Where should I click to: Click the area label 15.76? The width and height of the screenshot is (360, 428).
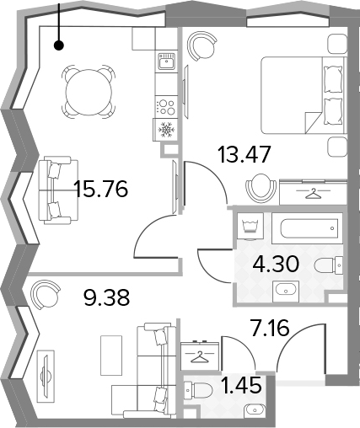point(101,189)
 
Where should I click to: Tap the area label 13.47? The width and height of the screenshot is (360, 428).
point(244,154)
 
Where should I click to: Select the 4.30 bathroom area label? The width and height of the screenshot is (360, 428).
point(275,265)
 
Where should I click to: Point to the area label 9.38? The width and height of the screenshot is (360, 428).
point(107,297)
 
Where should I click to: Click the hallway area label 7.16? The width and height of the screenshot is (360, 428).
point(271,329)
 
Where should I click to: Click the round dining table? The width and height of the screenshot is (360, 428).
point(89,92)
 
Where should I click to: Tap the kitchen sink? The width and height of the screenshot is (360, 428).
point(166,62)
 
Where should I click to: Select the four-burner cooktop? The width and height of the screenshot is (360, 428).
point(166,107)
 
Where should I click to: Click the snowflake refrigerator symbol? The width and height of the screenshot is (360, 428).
point(166,129)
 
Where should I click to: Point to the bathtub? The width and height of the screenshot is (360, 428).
point(307,228)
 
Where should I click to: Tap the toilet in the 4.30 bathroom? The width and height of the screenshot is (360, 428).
point(328,265)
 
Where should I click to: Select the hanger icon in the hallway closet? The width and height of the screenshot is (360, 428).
point(200,356)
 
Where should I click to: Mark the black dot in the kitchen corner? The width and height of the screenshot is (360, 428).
point(59,45)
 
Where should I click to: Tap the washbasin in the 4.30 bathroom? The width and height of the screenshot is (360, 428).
point(286,289)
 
